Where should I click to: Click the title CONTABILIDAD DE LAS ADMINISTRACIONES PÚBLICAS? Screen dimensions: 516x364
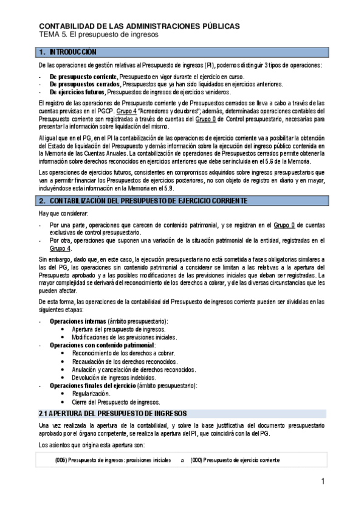[139, 26]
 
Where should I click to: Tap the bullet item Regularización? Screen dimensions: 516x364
[91, 394]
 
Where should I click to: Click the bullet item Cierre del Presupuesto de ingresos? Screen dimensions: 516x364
[116, 402]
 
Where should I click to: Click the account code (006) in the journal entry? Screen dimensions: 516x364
[60, 460]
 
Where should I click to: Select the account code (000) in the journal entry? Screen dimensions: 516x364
[196, 460]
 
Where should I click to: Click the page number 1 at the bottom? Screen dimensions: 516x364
[324, 483]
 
